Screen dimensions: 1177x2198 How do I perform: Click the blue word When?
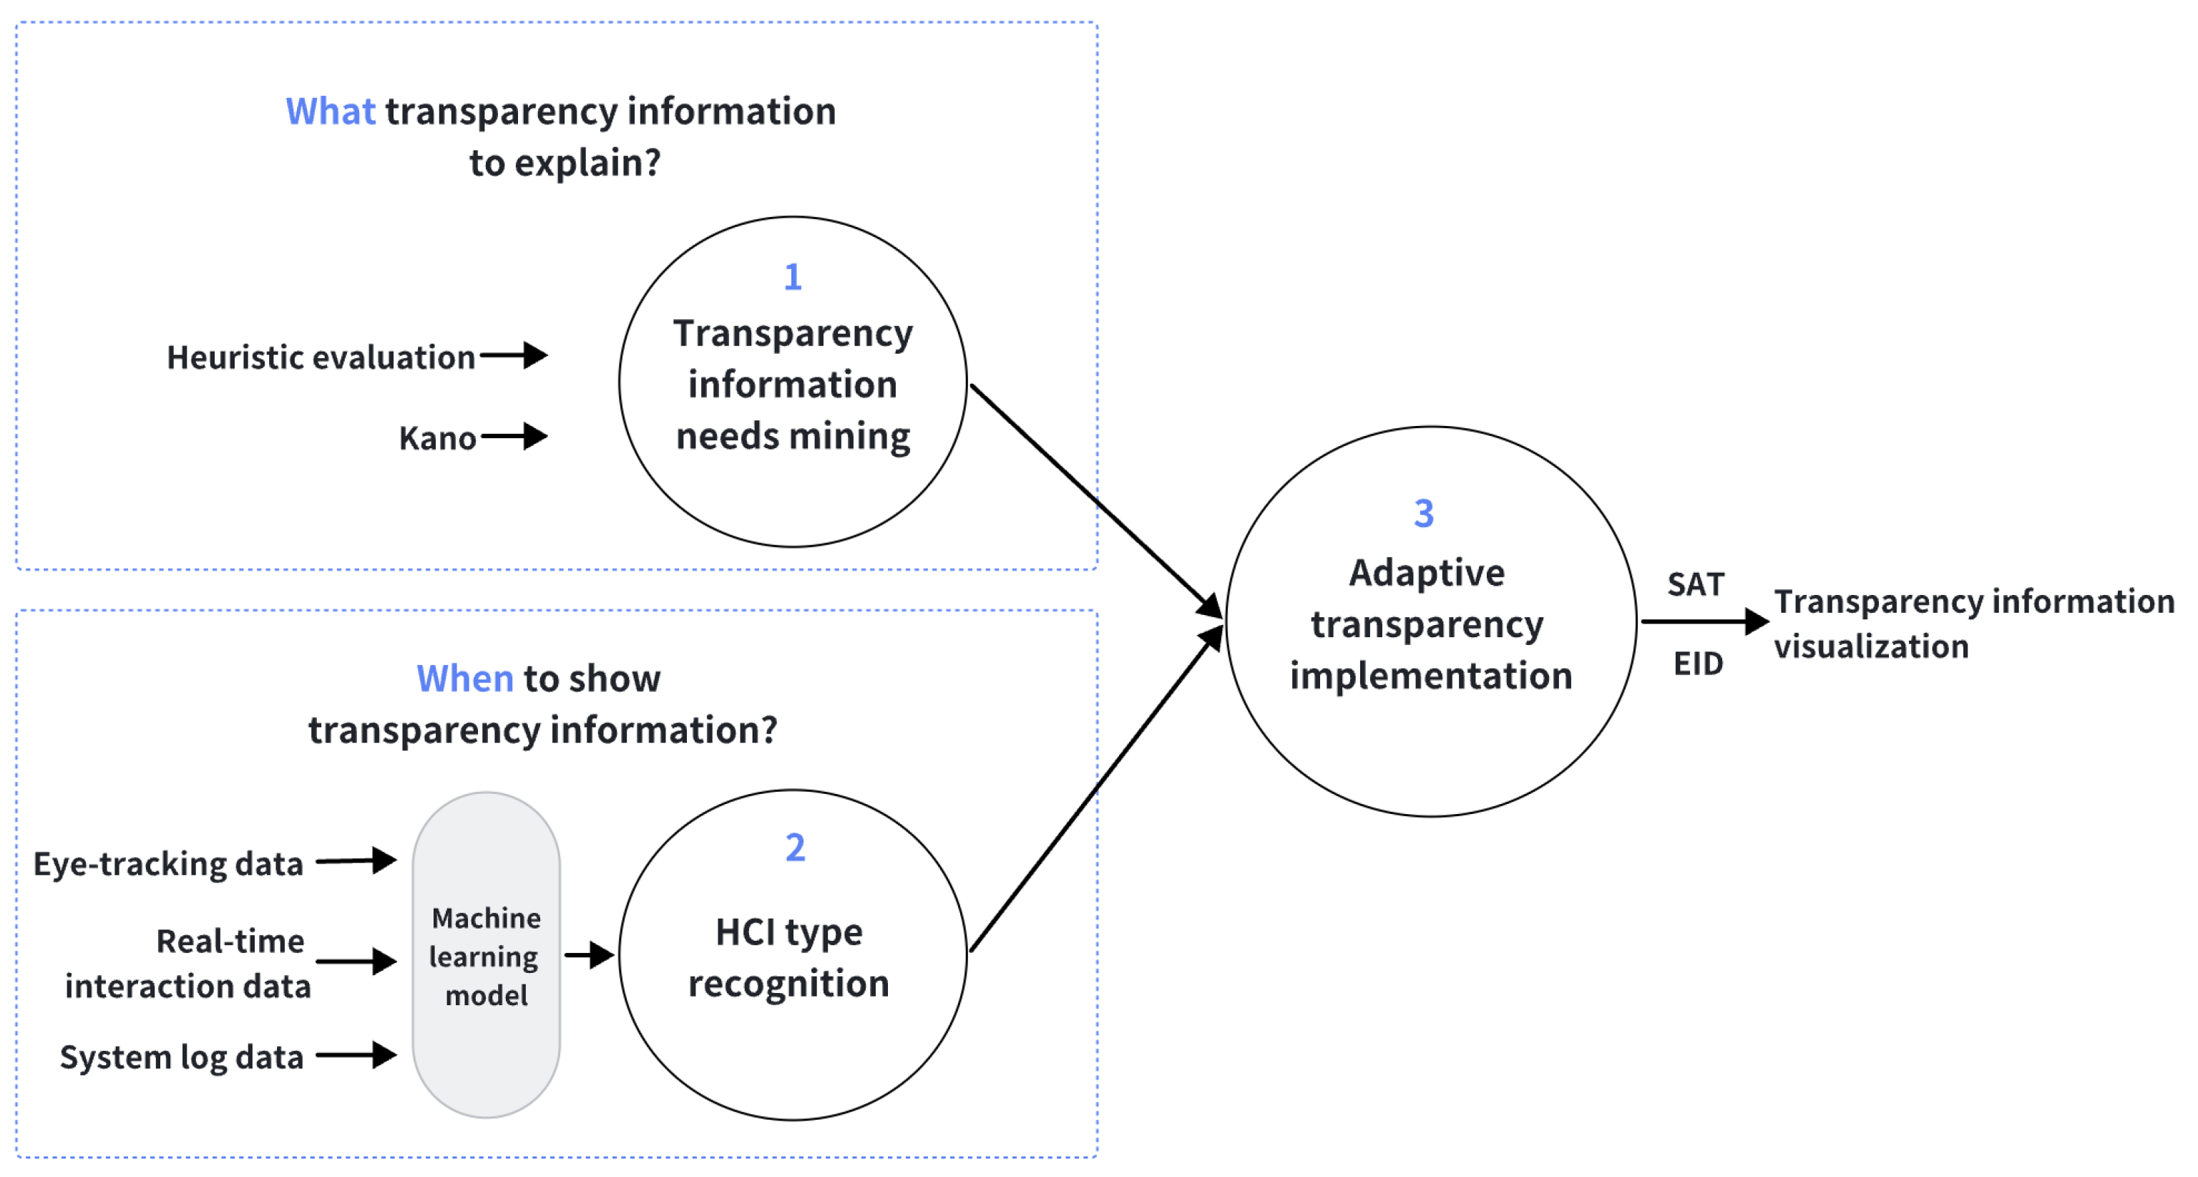[464, 679]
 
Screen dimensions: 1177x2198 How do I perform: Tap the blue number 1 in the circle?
[793, 276]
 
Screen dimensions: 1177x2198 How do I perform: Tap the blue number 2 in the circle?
[794, 848]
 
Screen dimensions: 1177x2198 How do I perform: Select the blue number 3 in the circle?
[1423, 513]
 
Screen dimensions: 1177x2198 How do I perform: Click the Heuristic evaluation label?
[321, 358]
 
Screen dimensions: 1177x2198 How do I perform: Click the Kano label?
[437, 439]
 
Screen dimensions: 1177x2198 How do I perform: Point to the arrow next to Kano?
[514, 436]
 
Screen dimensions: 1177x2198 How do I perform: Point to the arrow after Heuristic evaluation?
[514, 355]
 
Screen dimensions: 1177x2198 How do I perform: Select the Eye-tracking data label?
[168, 863]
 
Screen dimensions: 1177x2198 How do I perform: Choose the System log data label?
[182, 1057]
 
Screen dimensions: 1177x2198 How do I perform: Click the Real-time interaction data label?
[187, 964]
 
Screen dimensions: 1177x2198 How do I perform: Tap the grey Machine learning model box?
[486, 956]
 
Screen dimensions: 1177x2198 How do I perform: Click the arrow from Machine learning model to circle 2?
[589, 954]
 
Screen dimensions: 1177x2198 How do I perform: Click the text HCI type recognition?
[789, 958]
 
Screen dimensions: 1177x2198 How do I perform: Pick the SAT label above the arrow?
[1696, 585]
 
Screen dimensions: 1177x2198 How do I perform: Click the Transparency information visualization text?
[1973, 624]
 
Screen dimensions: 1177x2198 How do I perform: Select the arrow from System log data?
[356, 1055]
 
